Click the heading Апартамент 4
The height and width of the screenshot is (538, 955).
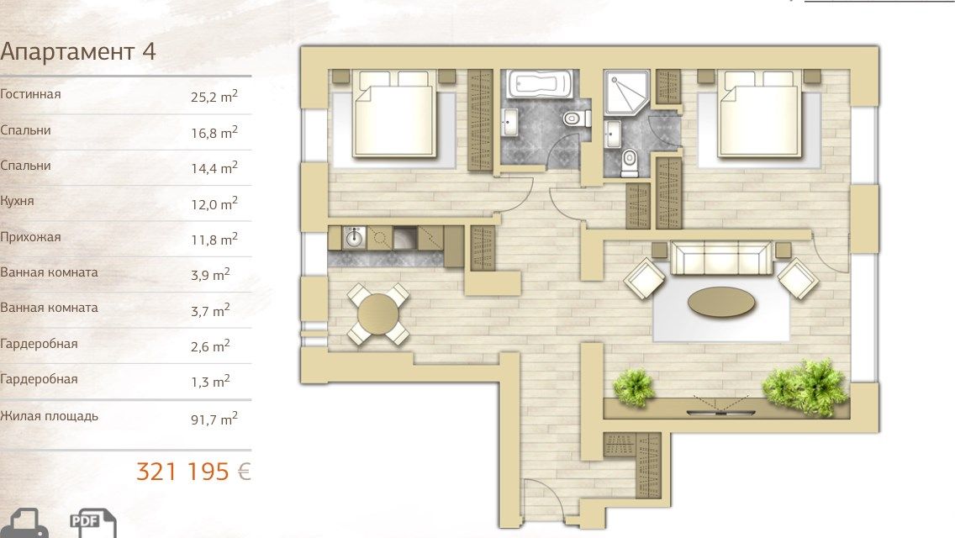click(x=78, y=52)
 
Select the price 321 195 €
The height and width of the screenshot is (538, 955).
click(x=193, y=472)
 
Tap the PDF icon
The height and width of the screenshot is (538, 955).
click(x=93, y=524)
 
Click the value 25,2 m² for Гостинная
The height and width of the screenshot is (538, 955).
click(x=214, y=97)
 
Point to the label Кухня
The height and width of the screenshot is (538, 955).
click(x=17, y=201)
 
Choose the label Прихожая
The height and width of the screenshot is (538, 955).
click(x=30, y=237)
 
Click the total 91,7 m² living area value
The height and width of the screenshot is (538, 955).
click(x=214, y=419)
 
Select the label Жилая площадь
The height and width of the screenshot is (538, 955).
click(x=49, y=417)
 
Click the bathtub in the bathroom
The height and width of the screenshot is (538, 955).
click(x=540, y=84)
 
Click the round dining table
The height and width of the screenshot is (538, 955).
click(x=378, y=314)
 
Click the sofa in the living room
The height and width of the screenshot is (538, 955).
click(x=722, y=258)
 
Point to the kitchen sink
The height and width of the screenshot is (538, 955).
click(x=355, y=237)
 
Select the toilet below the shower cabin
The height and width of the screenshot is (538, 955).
click(x=628, y=163)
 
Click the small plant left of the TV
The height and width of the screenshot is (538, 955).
click(x=634, y=388)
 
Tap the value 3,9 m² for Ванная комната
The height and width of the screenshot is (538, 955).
click(x=210, y=274)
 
